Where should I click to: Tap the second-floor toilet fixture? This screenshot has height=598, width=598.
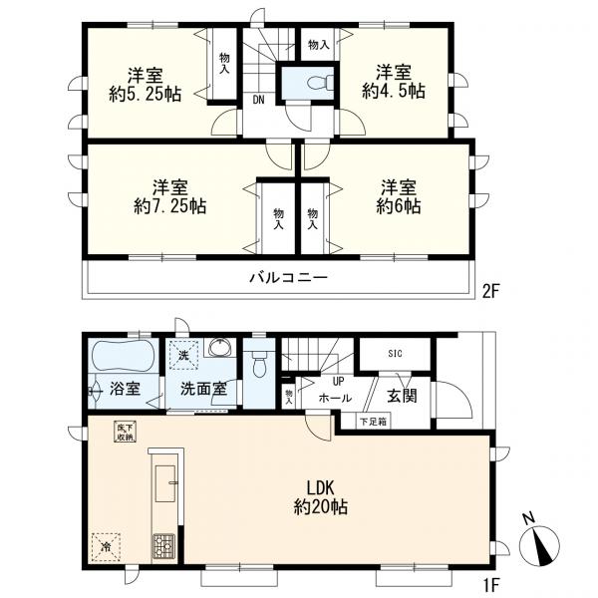[320, 83]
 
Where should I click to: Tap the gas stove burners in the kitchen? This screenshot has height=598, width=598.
[164, 546]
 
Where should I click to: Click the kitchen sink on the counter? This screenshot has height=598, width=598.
[165, 483]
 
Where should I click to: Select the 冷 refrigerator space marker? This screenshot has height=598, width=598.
[106, 547]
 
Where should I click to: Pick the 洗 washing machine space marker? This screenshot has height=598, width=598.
[183, 355]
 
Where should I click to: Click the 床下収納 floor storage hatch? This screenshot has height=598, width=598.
[126, 433]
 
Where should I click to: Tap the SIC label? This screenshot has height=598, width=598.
[395, 354]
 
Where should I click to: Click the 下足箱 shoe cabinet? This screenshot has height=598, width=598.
[374, 422]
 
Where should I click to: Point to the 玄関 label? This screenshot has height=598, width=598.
[402, 396]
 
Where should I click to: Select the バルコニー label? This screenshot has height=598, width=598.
[289, 277]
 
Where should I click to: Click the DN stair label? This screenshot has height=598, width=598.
[258, 101]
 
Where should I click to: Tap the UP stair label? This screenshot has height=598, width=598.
[338, 381]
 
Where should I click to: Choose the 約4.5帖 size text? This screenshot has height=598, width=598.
[394, 91]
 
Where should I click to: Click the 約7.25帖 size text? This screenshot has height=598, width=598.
[170, 206]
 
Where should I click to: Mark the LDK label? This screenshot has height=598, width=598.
[320, 487]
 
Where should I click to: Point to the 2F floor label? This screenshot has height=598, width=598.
[490, 292]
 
